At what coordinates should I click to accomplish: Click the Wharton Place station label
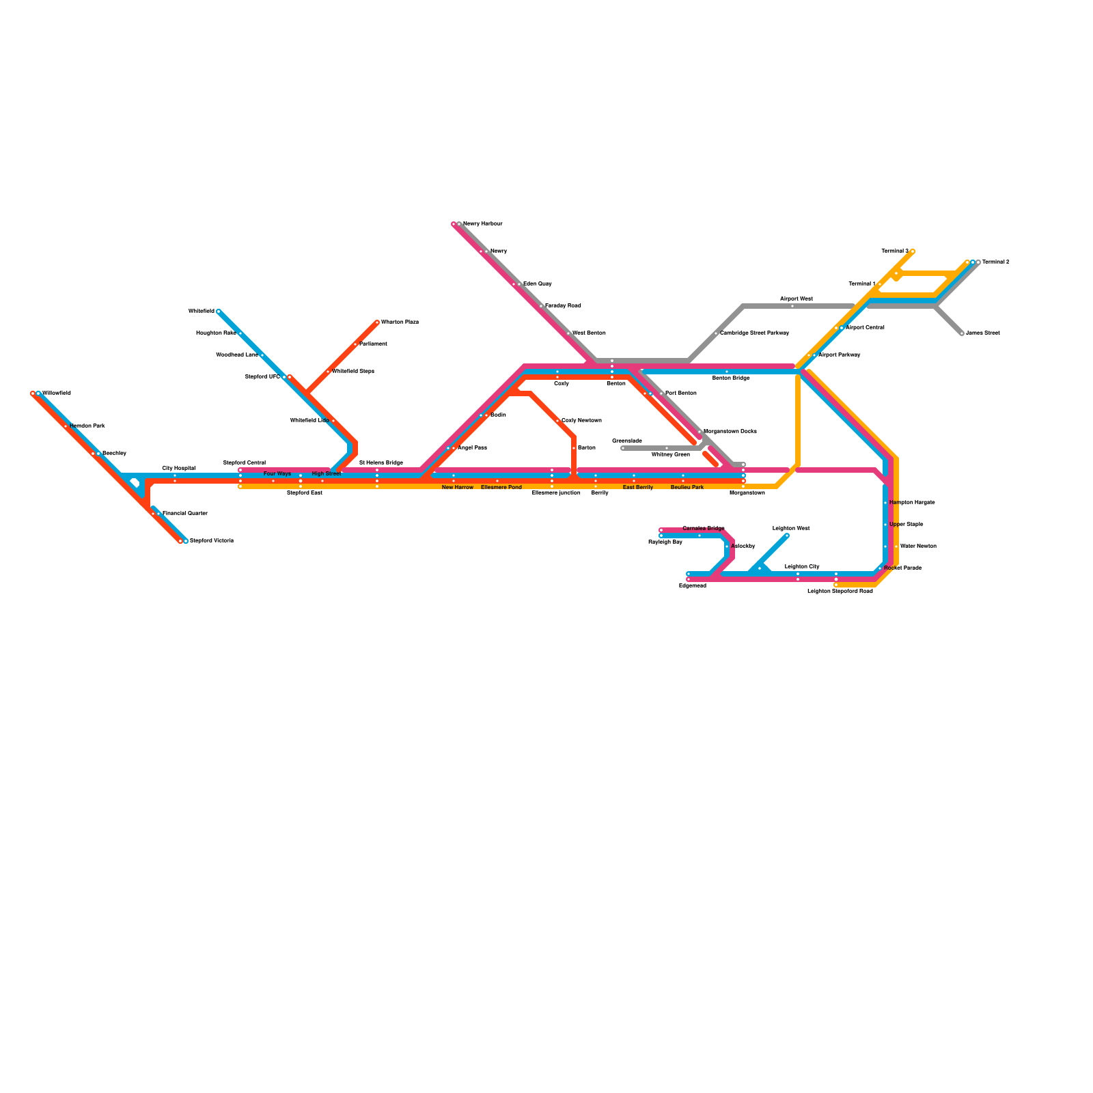pyautogui.click(x=400, y=322)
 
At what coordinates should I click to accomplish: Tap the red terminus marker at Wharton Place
pyautogui.click(x=377, y=322)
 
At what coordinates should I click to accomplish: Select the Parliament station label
pyautogui.click(x=373, y=344)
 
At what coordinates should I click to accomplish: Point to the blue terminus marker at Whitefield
pyautogui.click(x=219, y=312)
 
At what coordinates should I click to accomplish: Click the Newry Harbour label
pyautogui.click(x=482, y=224)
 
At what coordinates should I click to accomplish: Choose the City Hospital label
pyautogui.click(x=178, y=468)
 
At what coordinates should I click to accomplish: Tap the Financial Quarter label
pyautogui.click(x=184, y=513)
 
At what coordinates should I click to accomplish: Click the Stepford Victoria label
pyautogui.click(x=212, y=540)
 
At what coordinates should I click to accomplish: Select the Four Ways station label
pyautogui.click(x=277, y=473)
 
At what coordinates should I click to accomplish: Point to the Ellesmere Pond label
pyautogui.click(x=501, y=487)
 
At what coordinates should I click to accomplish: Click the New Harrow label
pyautogui.click(x=458, y=487)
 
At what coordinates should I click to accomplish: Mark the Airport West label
pyautogui.click(x=797, y=299)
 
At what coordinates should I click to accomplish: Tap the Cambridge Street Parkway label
pyautogui.click(x=754, y=333)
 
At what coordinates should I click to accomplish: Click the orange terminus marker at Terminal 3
pyautogui.click(x=913, y=251)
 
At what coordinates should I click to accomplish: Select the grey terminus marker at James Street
pyautogui.click(x=962, y=333)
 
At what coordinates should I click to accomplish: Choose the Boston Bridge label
pyautogui.click(x=731, y=378)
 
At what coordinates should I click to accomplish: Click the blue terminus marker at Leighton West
pyautogui.click(x=787, y=536)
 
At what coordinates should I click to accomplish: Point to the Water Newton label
pyautogui.click(x=918, y=546)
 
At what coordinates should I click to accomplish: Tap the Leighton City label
pyautogui.click(x=802, y=566)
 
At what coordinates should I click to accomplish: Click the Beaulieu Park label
pyautogui.click(x=687, y=487)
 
